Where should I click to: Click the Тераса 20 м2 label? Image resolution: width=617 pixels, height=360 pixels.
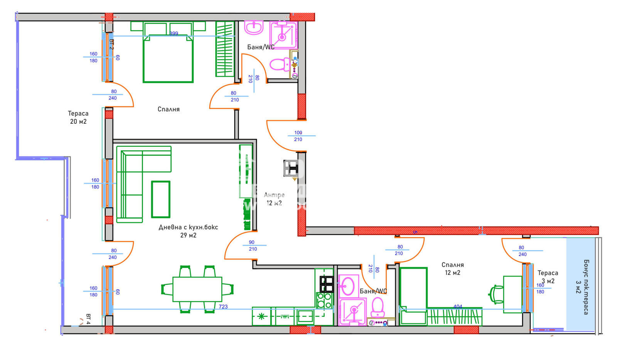[78, 117]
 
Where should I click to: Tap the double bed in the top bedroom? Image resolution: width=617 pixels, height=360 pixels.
[168, 58]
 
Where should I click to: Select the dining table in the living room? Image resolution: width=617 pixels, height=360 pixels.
[197, 289]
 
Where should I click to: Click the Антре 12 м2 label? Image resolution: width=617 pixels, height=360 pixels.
[274, 199]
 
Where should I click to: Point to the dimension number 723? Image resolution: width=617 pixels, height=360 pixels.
[223, 307]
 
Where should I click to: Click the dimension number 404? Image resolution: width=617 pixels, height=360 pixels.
[457, 307]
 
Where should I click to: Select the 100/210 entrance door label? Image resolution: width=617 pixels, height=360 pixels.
[298, 136]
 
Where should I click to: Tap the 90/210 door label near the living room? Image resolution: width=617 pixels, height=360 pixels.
[252, 246]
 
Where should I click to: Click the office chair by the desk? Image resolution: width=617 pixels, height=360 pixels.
[497, 294]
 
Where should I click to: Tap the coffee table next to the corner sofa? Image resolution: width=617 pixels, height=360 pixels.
[160, 199]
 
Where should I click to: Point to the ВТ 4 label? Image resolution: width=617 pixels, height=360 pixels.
[88, 319]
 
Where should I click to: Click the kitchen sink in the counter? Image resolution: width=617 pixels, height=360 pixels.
[305, 316]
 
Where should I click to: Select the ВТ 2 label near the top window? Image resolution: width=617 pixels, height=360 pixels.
[111, 44]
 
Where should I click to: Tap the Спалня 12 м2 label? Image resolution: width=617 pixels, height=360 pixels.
[452, 269]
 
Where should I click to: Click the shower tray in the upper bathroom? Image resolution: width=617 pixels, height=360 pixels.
[283, 35]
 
